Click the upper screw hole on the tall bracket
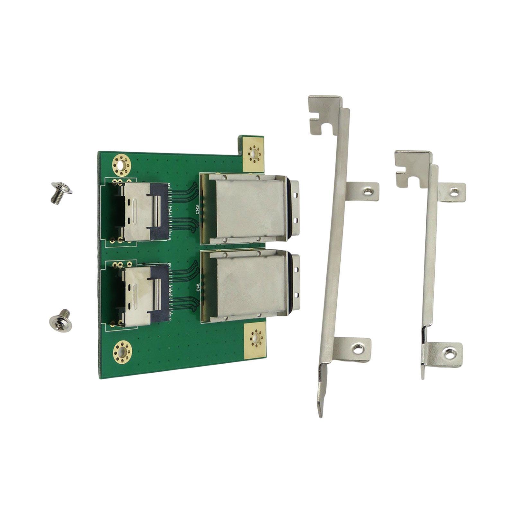[367, 192]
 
